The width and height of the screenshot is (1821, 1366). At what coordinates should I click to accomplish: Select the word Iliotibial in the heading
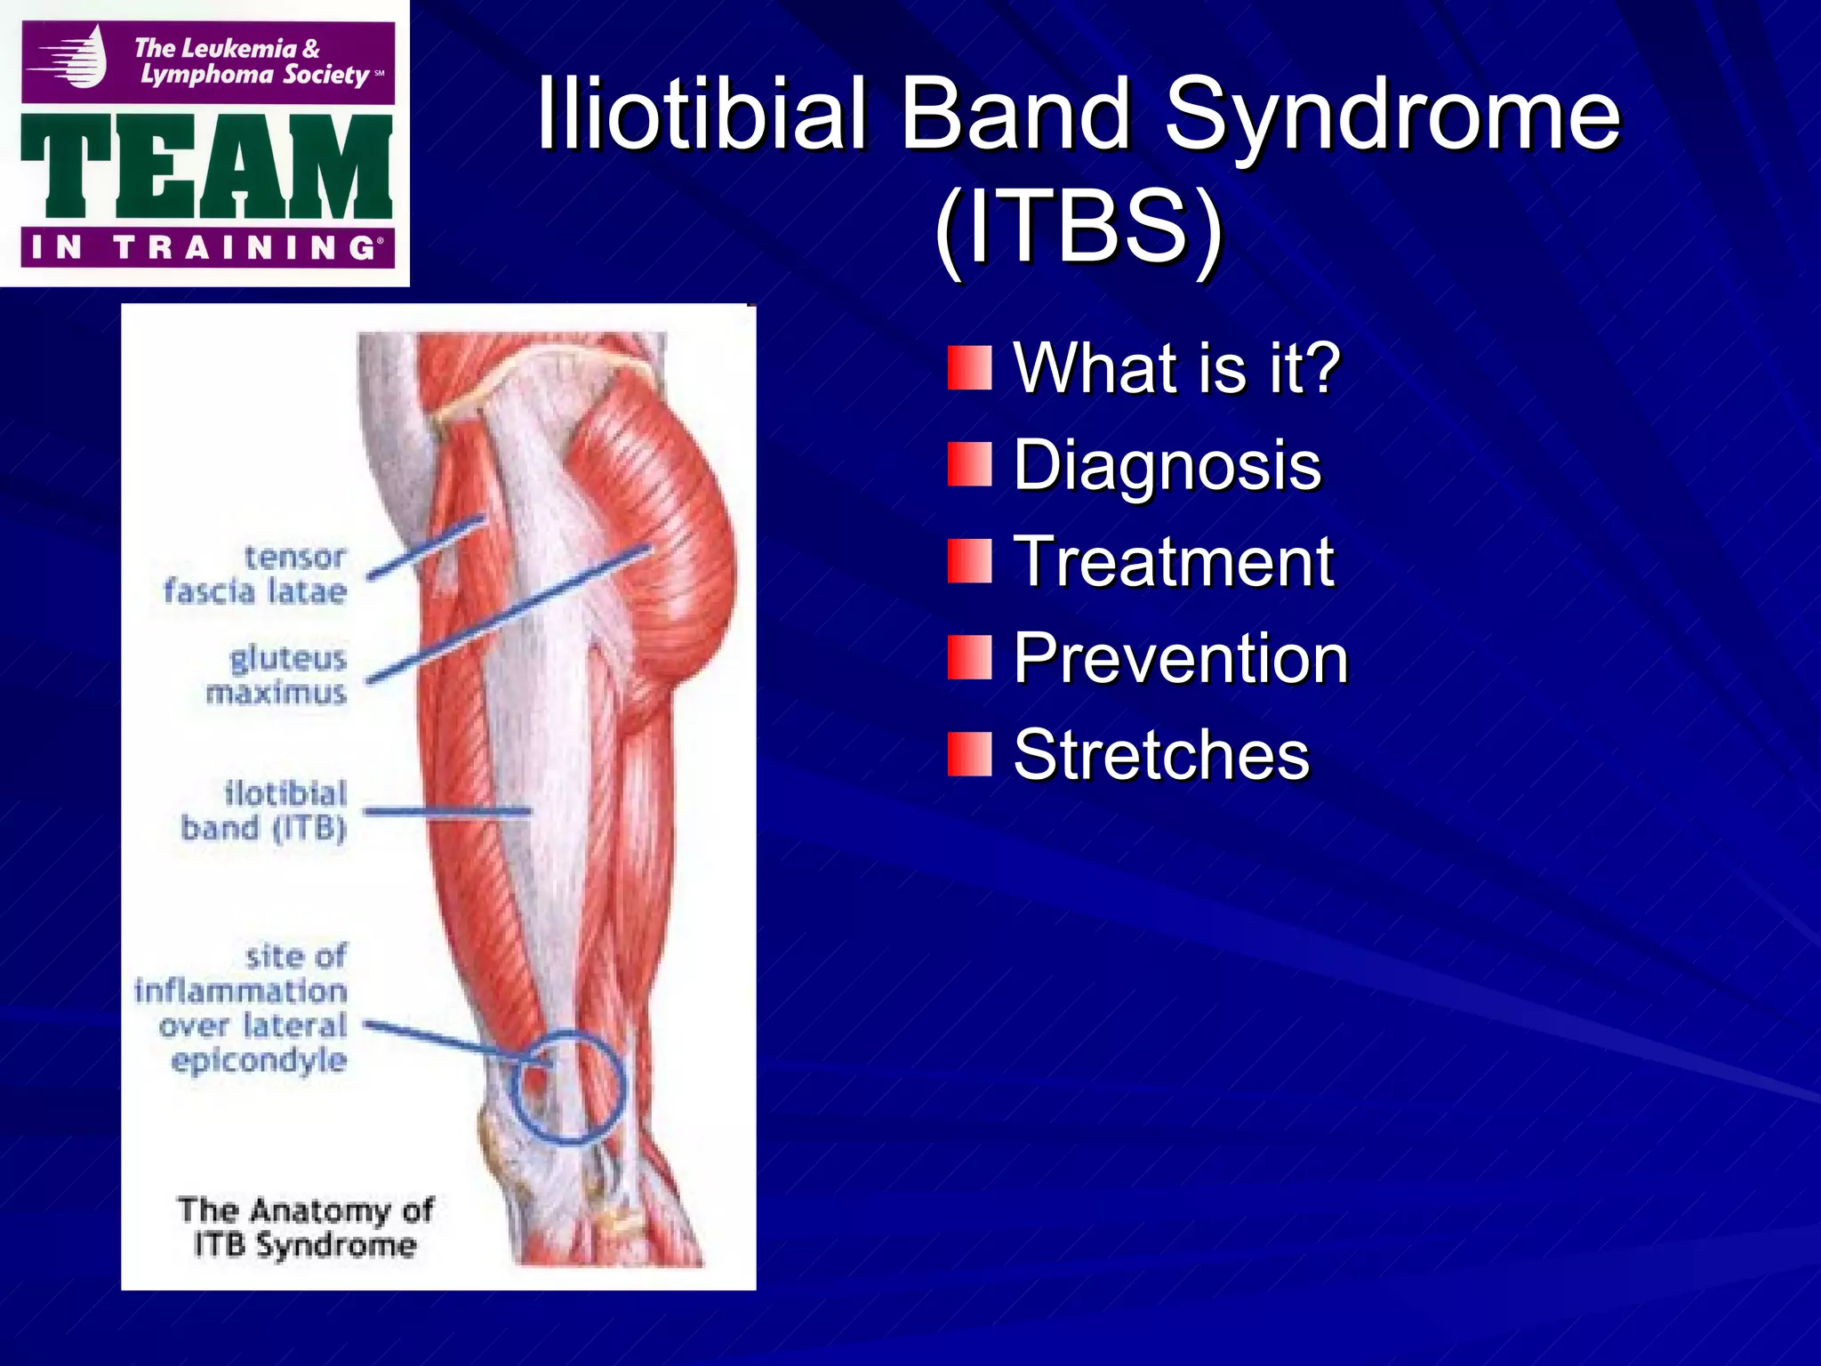tap(702, 116)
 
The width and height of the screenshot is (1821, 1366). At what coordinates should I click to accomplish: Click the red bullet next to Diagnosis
tap(969, 464)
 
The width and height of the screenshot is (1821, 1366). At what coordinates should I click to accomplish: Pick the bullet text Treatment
tap(1174, 562)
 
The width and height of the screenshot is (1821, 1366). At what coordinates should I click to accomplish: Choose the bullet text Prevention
tap(1181, 659)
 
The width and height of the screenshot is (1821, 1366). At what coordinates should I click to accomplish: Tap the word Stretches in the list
tap(1161, 755)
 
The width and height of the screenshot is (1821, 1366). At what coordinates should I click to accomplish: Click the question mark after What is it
tap(1323, 368)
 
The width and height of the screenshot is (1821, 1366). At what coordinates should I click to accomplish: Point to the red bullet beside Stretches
tap(969, 754)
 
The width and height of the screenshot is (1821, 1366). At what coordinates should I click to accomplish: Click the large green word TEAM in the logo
tap(206, 167)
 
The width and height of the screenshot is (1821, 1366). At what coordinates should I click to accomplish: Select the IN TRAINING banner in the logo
tap(206, 247)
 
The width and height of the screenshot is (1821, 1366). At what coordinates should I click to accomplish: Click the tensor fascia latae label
tap(256, 575)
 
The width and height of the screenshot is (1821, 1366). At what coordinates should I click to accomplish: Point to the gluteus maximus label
tap(277, 676)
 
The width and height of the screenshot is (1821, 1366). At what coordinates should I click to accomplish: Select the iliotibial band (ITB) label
tap(265, 811)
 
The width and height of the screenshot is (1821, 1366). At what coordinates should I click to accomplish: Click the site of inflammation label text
tap(242, 1008)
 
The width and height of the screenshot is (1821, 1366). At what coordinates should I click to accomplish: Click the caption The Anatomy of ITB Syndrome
tap(305, 1227)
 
